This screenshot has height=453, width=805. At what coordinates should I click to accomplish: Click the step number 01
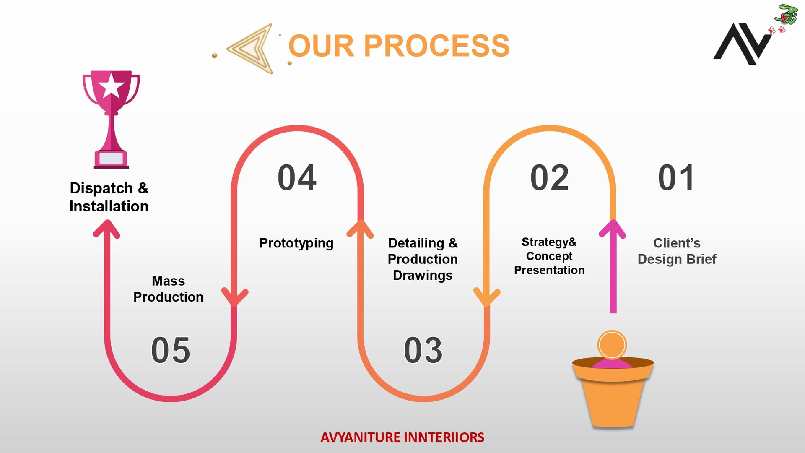[x=676, y=177]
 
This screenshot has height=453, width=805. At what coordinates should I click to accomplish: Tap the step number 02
[x=549, y=177]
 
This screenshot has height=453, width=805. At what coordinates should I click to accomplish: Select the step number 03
[x=423, y=350]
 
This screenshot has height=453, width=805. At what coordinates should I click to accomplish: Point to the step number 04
[x=297, y=177]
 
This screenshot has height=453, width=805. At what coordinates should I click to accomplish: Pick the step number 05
[x=171, y=350]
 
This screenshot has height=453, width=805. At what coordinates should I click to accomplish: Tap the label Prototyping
[x=296, y=243]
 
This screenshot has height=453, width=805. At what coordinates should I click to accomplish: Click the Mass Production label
[x=168, y=289]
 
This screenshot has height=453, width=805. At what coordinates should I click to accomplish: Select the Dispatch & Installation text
[x=109, y=197]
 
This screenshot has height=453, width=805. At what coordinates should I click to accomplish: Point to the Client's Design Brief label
[x=677, y=251]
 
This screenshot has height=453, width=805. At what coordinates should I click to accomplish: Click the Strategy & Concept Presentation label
[x=549, y=256]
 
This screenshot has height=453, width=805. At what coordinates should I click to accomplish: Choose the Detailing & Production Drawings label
[x=423, y=259]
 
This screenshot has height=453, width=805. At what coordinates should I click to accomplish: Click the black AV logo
[x=743, y=44]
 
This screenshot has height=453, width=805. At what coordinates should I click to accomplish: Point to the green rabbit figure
[x=786, y=14]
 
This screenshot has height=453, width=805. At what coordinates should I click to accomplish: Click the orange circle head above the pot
[x=612, y=345]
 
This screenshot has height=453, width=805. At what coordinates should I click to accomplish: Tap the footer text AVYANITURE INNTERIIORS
[x=402, y=437]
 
